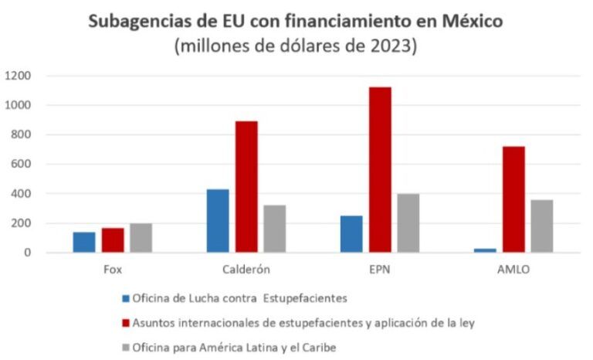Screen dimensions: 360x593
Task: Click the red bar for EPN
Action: pyautogui.click(x=380, y=170)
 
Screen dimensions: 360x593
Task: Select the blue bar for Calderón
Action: pyautogui.click(x=218, y=221)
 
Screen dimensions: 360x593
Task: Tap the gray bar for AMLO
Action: pyautogui.click(x=541, y=226)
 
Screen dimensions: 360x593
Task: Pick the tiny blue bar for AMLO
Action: pyautogui.click(x=485, y=250)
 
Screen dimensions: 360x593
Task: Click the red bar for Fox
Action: pyautogui.click(x=113, y=240)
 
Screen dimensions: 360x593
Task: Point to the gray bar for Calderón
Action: pyautogui.click(x=274, y=229)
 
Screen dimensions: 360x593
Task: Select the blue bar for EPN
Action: pyautogui.click(x=351, y=234)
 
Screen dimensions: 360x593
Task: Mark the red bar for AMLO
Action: pyautogui.click(x=513, y=199)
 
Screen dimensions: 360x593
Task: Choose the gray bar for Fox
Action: pyautogui.click(x=141, y=238)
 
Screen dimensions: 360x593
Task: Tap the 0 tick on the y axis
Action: pyautogui.click(x=27, y=253)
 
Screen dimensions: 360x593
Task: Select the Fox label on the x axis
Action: pyautogui.click(x=113, y=270)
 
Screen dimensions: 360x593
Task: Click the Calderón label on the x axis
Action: pyautogui.click(x=246, y=270)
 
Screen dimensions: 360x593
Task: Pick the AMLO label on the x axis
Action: pyautogui.click(x=513, y=270)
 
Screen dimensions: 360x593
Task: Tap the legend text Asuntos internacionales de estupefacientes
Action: pyautogui.click(x=304, y=323)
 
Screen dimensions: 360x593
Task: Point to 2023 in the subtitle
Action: pyautogui.click(x=395, y=46)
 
